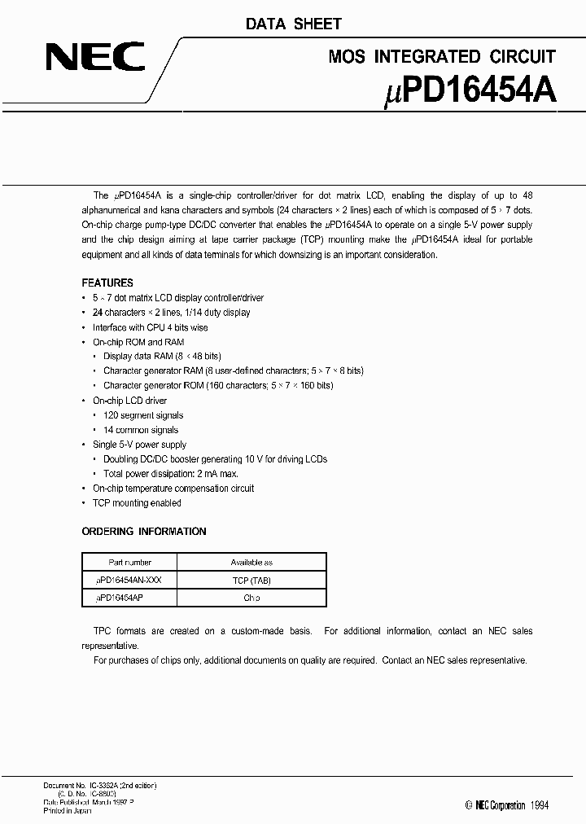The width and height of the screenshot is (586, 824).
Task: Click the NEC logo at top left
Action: (95, 58)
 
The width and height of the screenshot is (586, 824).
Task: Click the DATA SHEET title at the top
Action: (294, 24)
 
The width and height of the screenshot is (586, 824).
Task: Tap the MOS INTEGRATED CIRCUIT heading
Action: (441, 56)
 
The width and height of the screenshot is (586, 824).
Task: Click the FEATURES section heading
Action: (107, 283)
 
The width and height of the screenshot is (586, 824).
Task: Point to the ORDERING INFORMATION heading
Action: (144, 532)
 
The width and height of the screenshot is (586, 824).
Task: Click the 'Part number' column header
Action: (130, 563)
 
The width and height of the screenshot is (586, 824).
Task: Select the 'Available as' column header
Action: (251, 563)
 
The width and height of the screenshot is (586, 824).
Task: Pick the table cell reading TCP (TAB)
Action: (251, 580)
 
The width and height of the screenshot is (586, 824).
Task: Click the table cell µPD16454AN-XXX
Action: (129, 580)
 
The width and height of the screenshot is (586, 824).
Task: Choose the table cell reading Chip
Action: (251, 598)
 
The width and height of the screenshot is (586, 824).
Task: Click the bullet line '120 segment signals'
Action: (143, 415)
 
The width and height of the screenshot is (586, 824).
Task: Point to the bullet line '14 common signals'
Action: (141, 430)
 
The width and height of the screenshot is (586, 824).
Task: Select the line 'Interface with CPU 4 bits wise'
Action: (150, 327)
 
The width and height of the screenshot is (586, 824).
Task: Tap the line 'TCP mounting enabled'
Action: (137, 503)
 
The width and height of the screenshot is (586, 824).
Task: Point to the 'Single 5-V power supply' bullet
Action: (139, 445)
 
